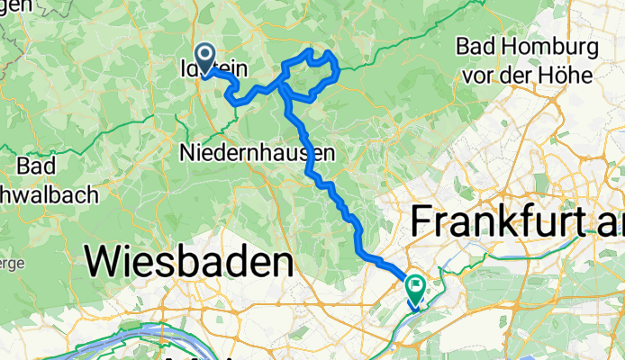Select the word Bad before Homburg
(475, 46)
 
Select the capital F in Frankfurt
(423, 220)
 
